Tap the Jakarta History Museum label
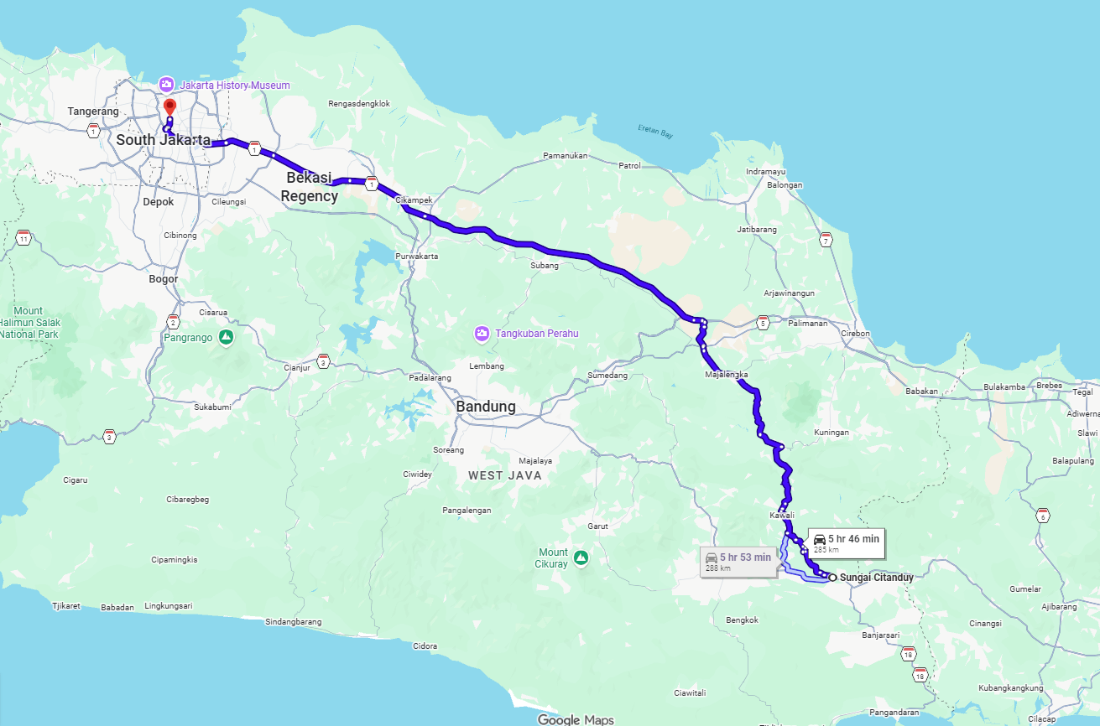tap(234, 86)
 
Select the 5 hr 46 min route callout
tap(845, 543)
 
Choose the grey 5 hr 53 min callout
tap(738, 561)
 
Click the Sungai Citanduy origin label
tap(876, 578)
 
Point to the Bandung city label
tap(485, 407)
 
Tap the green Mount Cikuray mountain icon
tap(580, 557)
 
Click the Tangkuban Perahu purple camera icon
tap(482, 334)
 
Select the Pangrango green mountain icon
tap(226, 337)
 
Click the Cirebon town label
tap(855, 334)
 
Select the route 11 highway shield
tap(23, 238)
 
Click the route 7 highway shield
tap(826, 241)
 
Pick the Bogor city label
tap(163, 278)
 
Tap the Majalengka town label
tap(726, 375)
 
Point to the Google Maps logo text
tap(575, 719)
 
